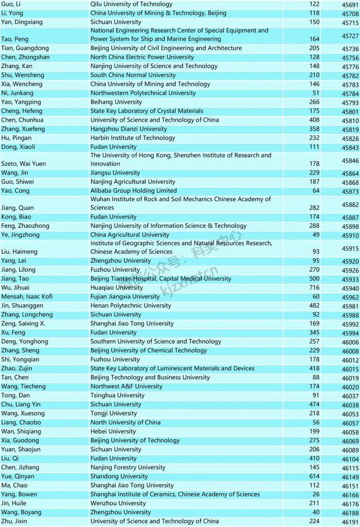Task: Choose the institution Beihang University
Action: (x=116, y=102)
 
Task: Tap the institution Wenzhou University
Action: (x=117, y=503)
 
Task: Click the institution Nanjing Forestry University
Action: (x=128, y=467)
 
